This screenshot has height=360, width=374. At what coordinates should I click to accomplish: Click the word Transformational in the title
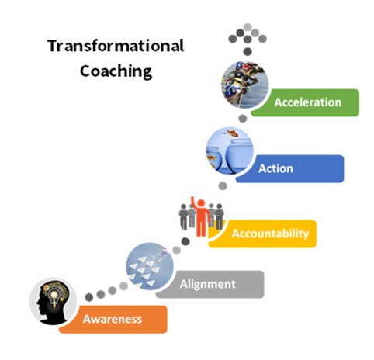tap(116, 46)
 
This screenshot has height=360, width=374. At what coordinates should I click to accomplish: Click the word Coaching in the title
tap(116, 71)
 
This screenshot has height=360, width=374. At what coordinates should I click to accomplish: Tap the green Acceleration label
tap(305, 102)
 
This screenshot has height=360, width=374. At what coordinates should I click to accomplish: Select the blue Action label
tap(290, 168)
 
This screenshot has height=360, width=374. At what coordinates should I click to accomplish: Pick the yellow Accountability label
tap(262, 234)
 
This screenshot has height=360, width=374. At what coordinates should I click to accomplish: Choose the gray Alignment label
tap(210, 284)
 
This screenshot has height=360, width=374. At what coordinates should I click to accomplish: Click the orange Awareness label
tap(113, 320)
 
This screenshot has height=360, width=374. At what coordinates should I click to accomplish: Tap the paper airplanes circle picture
tap(150, 266)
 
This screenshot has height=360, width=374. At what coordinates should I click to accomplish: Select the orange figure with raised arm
tap(202, 216)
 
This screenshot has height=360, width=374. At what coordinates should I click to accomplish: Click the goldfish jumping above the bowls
tap(232, 133)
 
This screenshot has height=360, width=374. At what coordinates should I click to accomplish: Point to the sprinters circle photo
tap(245, 85)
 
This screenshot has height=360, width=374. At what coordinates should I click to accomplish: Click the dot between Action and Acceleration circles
tap(243, 119)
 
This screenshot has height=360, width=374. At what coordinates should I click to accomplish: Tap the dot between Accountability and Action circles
tap(223, 185)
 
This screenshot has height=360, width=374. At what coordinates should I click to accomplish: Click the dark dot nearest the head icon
tap(89, 297)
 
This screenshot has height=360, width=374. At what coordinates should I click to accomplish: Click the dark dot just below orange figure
tap(185, 241)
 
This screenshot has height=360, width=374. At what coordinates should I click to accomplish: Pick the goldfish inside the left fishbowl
tap(212, 157)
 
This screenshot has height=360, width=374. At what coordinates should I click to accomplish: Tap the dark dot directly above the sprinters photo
tap(248, 51)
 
